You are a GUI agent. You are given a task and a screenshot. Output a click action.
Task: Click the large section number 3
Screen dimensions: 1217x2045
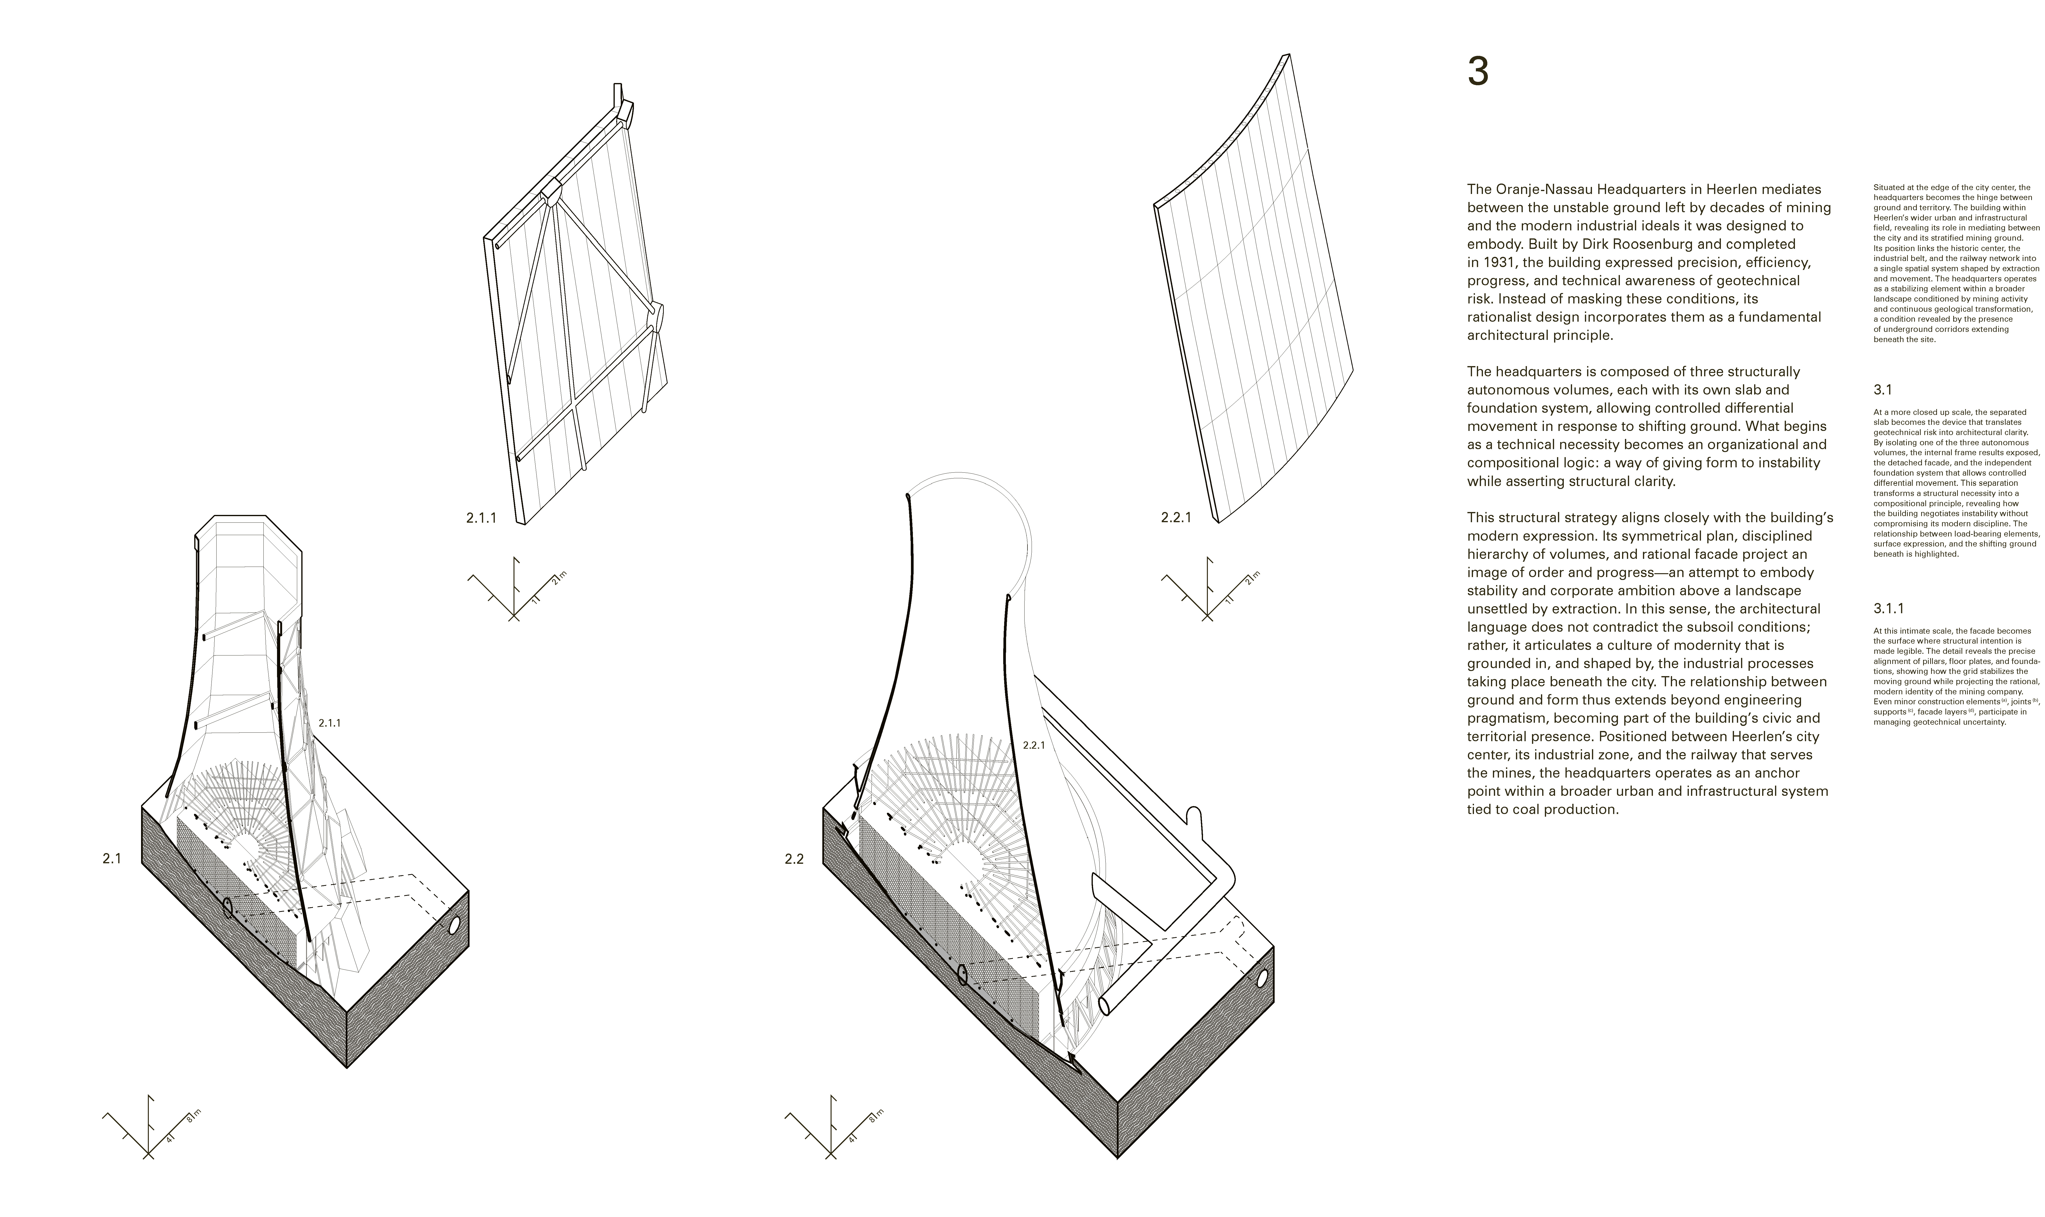point(1478,72)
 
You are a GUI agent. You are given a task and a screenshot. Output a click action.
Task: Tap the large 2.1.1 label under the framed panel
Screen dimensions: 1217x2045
point(481,518)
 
